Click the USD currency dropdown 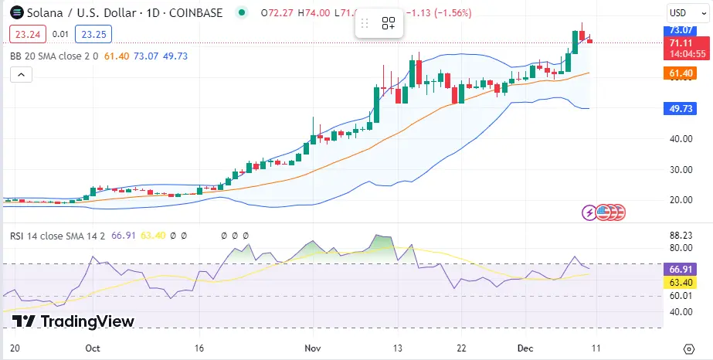click(x=682, y=12)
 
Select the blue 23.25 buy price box click(x=93, y=34)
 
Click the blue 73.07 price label click(x=681, y=30)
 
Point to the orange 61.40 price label click(x=681, y=73)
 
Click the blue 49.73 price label click(x=681, y=108)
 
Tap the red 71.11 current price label click(x=681, y=42)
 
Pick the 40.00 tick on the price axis click(x=680, y=139)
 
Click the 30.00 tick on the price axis click(x=680, y=169)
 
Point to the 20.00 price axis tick click(x=680, y=199)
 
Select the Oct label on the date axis click(x=93, y=348)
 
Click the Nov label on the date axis click(x=313, y=348)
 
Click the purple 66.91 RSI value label click(x=681, y=269)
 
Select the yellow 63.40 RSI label click(x=681, y=283)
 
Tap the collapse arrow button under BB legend click(x=21, y=74)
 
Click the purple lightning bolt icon click(x=591, y=212)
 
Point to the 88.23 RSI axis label click(x=681, y=236)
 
